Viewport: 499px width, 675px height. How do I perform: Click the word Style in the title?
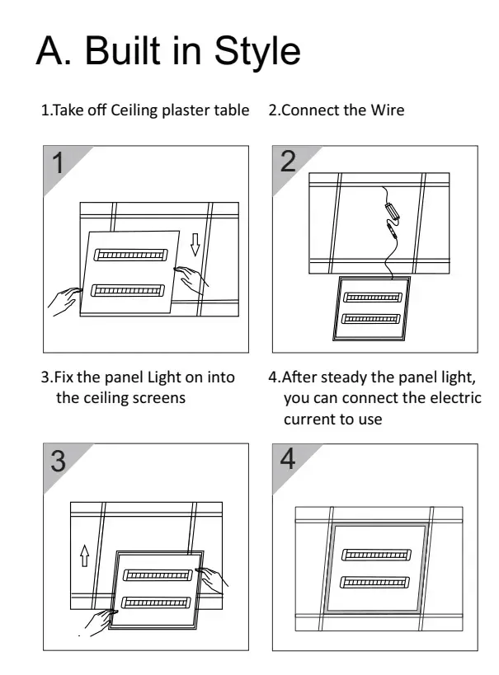pyautogui.click(x=257, y=52)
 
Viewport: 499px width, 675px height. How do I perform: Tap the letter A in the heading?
pyautogui.click(x=53, y=50)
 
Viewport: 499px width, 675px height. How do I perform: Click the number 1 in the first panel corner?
pyautogui.click(x=58, y=162)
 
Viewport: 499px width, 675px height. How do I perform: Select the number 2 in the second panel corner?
pyautogui.click(x=288, y=162)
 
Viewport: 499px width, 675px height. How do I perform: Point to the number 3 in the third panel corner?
pyautogui.click(x=59, y=461)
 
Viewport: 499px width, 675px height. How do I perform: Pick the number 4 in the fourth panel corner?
pyautogui.click(x=288, y=458)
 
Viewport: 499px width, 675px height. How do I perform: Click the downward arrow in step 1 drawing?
pyautogui.click(x=195, y=245)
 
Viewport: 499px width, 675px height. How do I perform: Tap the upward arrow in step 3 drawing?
pyautogui.click(x=85, y=555)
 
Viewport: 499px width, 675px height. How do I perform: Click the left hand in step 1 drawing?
pyautogui.click(x=64, y=301)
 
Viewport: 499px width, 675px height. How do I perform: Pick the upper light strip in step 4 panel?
pyautogui.click(x=376, y=555)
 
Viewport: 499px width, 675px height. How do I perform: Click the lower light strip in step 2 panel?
pyautogui.click(x=371, y=320)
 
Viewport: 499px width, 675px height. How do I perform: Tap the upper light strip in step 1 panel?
pyautogui.click(x=131, y=255)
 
